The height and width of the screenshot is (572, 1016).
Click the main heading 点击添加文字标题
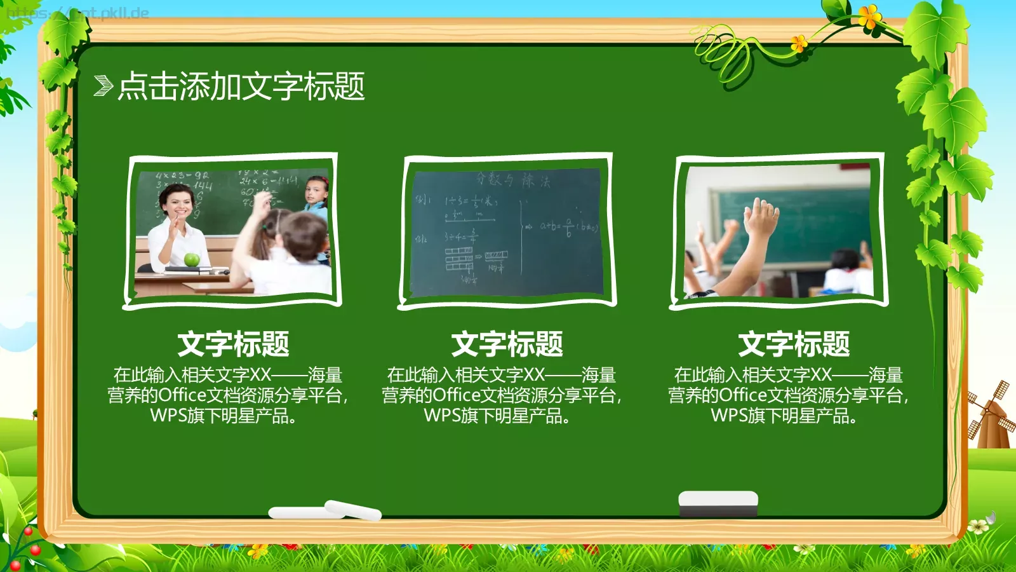coord(241,86)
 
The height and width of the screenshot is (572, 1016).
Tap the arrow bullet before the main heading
coord(103,86)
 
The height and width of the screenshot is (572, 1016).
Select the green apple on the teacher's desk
coord(192,259)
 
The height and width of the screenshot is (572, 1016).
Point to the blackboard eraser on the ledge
coord(718,503)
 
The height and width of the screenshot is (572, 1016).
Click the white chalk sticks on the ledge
coord(325,510)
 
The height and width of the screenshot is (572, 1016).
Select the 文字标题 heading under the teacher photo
coord(233,344)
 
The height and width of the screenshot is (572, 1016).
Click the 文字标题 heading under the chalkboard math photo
coord(507,344)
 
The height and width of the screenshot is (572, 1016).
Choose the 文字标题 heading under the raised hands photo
coord(794,344)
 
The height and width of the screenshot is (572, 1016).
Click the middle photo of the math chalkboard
coord(507,231)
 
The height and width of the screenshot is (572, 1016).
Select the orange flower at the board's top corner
coord(869,16)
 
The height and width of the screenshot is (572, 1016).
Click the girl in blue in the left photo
coord(317,197)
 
